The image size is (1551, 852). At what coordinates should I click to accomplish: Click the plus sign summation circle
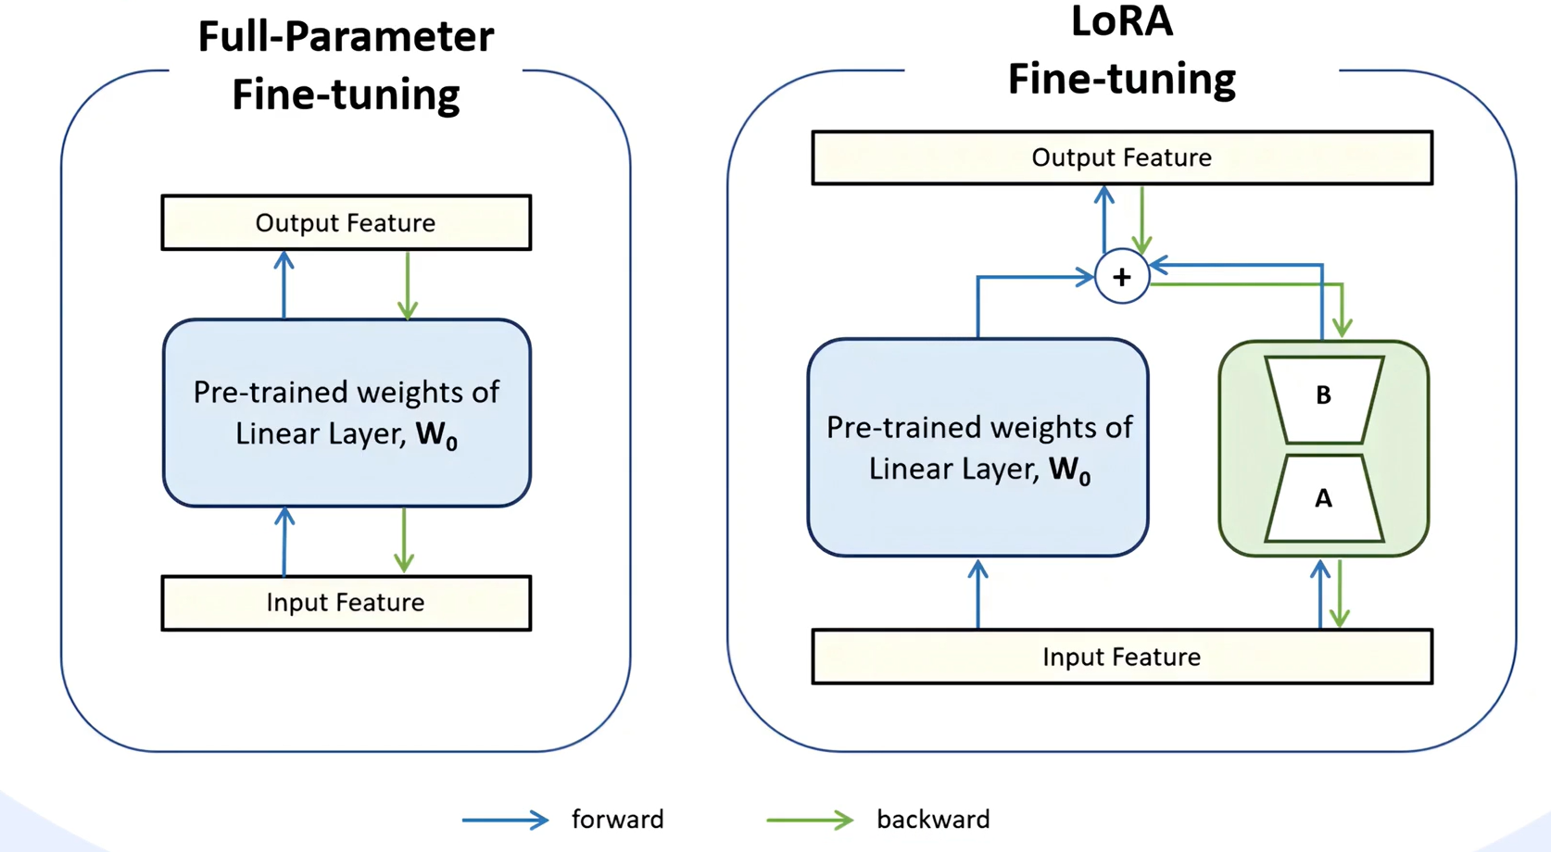coord(1122,277)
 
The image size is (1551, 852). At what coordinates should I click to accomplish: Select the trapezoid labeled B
coord(1324,399)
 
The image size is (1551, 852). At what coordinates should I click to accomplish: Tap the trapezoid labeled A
coord(1324,497)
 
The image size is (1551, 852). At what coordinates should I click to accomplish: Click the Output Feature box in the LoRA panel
coord(1122,157)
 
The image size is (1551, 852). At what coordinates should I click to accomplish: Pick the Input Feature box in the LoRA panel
coord(1122,656)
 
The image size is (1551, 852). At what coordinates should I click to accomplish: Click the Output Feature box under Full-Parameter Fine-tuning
coord(347,223)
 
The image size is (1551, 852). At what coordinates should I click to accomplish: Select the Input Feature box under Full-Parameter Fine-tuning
coord(347,603)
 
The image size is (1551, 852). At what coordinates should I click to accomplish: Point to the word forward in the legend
coord(618,820)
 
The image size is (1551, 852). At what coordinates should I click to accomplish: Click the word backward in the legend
coord(933,820)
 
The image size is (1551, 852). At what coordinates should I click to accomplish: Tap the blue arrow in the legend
coord(506,821)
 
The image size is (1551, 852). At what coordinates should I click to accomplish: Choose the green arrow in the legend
coord(810,821)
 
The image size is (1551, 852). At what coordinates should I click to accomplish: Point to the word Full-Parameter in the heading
coord(347,37)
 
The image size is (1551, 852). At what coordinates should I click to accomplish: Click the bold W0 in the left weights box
coord(436,435)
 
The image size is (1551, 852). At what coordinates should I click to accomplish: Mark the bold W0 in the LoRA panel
coord(1070,470)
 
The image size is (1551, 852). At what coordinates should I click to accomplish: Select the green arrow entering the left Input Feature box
coord(404,540)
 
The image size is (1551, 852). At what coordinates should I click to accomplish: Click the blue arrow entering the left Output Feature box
coord(284,284)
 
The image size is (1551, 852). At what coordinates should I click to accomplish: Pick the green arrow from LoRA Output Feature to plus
coord(1141,219)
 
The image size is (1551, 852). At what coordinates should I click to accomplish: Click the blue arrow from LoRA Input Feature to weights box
coord(977,594)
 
